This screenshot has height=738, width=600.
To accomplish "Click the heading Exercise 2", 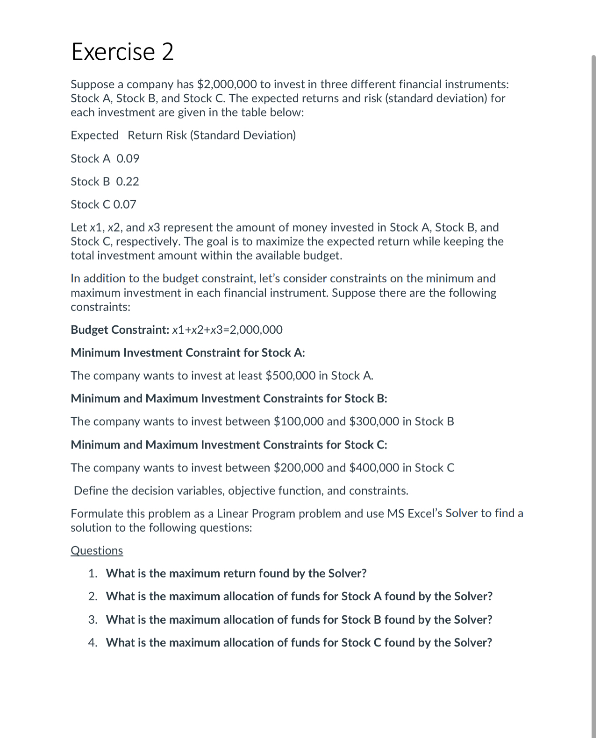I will (x=122, y=51).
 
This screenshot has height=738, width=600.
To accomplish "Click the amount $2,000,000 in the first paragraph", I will (x=227, y=84).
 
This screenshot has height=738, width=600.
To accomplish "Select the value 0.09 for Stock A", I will (x=128, y=159).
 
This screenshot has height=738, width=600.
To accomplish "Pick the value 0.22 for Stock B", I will (x=127, y=182).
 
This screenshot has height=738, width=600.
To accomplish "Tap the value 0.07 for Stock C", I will (x=125, y=204).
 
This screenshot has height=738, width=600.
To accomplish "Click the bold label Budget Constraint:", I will (x=120, y=330).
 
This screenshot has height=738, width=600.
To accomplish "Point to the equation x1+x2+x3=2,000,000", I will (x=227, y=330).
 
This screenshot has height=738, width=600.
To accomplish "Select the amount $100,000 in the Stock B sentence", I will (x=299, y=422).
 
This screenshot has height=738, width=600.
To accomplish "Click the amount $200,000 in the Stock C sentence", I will (x=299, y=468).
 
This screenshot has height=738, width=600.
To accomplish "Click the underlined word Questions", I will (x=97, y=551).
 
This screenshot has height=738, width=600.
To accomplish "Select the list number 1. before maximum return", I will (x=93, y=574).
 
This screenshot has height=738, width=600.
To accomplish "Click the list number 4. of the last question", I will (x=93, y=643).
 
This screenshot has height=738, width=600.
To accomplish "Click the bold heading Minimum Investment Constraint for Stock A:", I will (x=187, y=353).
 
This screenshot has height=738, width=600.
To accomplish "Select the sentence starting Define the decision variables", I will (x=241, y=491).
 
